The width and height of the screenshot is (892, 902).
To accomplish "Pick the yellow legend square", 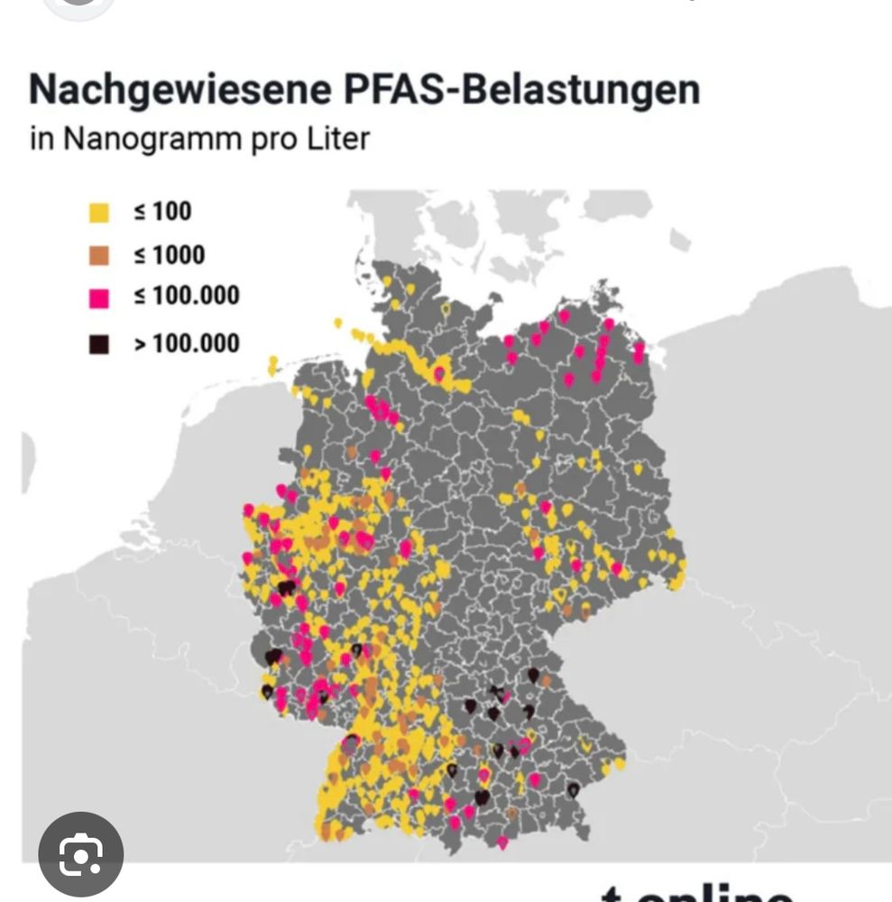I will pyautogui.click(x=99, y=213).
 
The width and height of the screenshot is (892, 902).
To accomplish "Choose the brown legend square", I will pyautogui.click(x=99, y=256).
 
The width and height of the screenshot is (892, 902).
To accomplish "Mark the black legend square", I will pyautogui.click(x=99, y=344).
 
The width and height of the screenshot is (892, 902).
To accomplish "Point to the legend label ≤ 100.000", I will pyautogui.click(x=187, y=297).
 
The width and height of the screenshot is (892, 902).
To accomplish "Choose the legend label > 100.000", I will pyautogui.click(x=187, y=343).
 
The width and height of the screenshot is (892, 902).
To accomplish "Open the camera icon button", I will pyautogui.click(x=81, y=854).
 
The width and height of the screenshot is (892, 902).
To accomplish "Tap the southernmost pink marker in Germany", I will pyautogui.click(x=502, y=842).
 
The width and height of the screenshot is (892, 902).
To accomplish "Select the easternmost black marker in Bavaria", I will pyautogui.click(x=574, y=789).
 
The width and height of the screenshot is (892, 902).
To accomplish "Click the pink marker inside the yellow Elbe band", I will pyautogui.click(x=439, y=373).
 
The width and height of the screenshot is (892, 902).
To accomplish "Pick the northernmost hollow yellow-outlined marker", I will pyautogui.click(x=445, y=309).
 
